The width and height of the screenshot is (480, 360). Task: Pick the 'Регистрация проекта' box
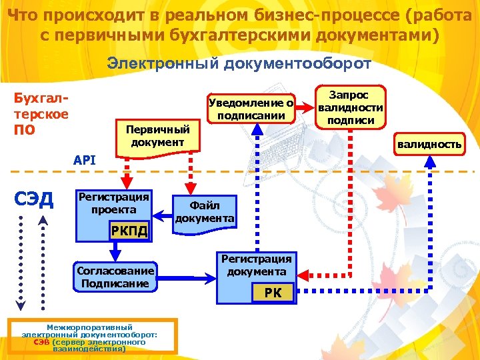pyautogui.click(x=113, y=204)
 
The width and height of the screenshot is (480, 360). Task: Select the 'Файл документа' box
pyautogui.click(x=204, y=212)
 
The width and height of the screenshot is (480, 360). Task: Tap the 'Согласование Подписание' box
pyautogui.click(x=115, y=277)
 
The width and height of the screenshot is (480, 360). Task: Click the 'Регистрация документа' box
pyautogui.click(x=257, y=265)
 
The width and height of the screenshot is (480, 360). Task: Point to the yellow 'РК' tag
pyautogui.click(x=273, y=293)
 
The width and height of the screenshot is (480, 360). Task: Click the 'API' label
pyautogui.click(x=85, y=160)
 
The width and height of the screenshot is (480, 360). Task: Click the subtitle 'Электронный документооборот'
pyautogui.click(x=239, y=64)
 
